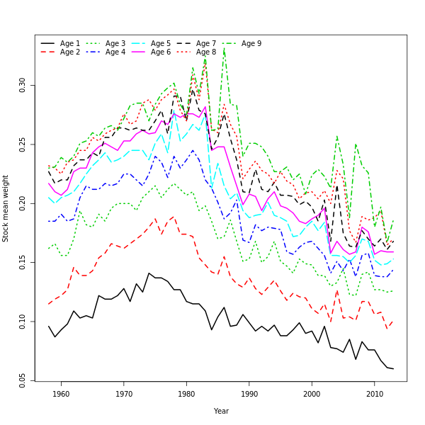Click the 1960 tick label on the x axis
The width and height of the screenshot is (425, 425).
[61, 394]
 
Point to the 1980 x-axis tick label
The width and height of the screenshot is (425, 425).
[186, 394]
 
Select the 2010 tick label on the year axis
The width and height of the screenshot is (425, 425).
[375, 394]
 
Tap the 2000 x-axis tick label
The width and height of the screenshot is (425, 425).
[312, 394]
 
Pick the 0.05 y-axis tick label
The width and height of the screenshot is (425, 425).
[23, 381]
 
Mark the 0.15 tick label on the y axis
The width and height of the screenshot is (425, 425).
[23, 263]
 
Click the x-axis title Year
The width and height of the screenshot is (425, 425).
[221, 411]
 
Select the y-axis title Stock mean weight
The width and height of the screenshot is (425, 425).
[6, 208]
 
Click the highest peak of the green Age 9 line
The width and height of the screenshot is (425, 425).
[224, 48]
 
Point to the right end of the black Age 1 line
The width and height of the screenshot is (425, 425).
[393, 368]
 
